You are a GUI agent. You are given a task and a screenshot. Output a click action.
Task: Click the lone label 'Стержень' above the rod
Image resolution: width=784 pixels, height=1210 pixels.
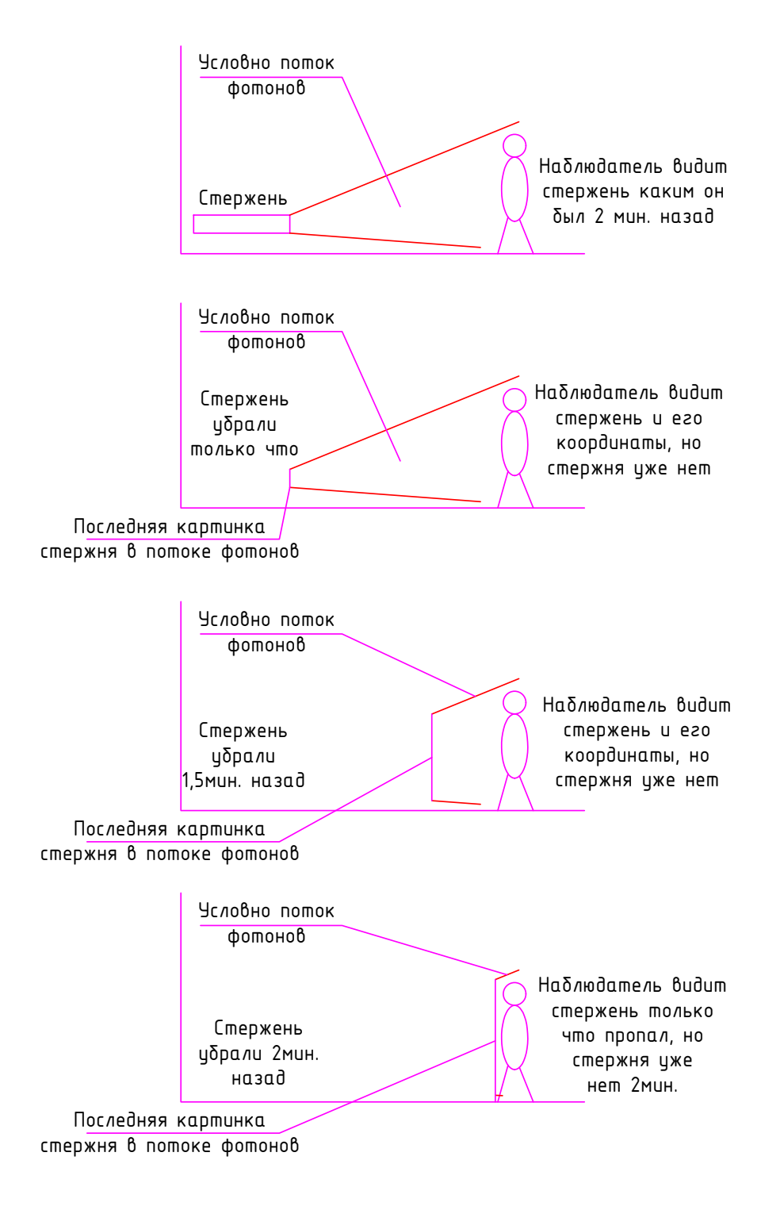243,198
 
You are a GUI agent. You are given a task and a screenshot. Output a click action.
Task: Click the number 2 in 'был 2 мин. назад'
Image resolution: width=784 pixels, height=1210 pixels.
599,217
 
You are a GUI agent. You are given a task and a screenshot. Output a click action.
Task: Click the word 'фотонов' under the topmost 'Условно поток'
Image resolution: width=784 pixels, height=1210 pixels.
266,88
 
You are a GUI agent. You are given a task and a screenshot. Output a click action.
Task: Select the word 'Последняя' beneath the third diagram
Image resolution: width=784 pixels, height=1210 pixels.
120,829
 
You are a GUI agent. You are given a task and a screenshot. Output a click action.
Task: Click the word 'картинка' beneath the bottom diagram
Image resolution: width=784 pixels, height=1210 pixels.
221,1120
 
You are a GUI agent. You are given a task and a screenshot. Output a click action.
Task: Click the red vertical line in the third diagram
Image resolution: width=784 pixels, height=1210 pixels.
432,757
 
